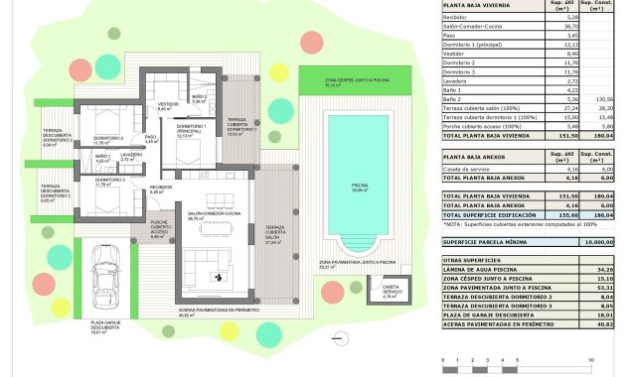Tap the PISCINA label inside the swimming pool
coord(360,185)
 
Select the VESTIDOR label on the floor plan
coord(168,103)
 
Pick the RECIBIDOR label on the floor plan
coord(160,188)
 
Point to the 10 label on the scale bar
coord(591,360)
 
